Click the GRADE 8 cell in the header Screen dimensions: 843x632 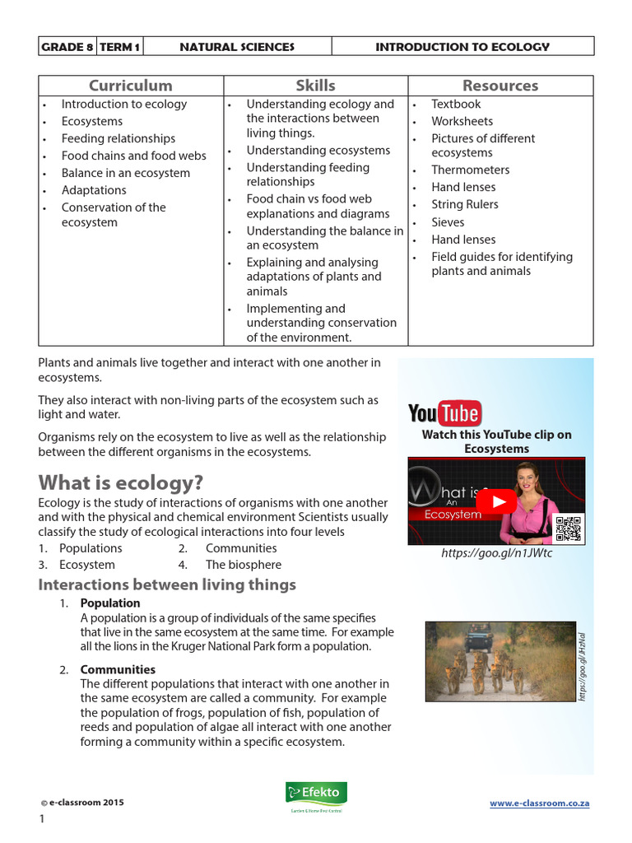[67, 47]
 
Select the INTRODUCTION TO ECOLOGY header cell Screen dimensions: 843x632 [462, 47]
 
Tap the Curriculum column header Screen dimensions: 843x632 [131, 86]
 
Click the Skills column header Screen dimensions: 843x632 [316, 86]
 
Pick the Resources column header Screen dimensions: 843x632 [500, 86]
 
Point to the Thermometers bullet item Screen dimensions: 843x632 [470, 170]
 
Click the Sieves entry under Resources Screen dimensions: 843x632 [448, 222]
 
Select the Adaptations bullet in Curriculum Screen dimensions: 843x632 [94, 190]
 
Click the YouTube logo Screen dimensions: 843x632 [444, 412]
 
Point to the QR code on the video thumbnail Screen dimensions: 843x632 [569, 528]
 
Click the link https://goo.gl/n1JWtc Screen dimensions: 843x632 [496, 553]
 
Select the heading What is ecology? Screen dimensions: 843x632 [120, 482]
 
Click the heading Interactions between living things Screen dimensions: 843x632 [167, 585]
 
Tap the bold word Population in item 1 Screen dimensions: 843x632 [110, 603]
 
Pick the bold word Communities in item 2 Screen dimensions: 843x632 [118, 669]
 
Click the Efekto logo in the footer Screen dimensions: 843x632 [316, 795]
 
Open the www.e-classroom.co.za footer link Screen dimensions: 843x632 [539, 803]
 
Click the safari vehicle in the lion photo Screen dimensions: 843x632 [478, 636]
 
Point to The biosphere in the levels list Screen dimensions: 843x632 [244, 565]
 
